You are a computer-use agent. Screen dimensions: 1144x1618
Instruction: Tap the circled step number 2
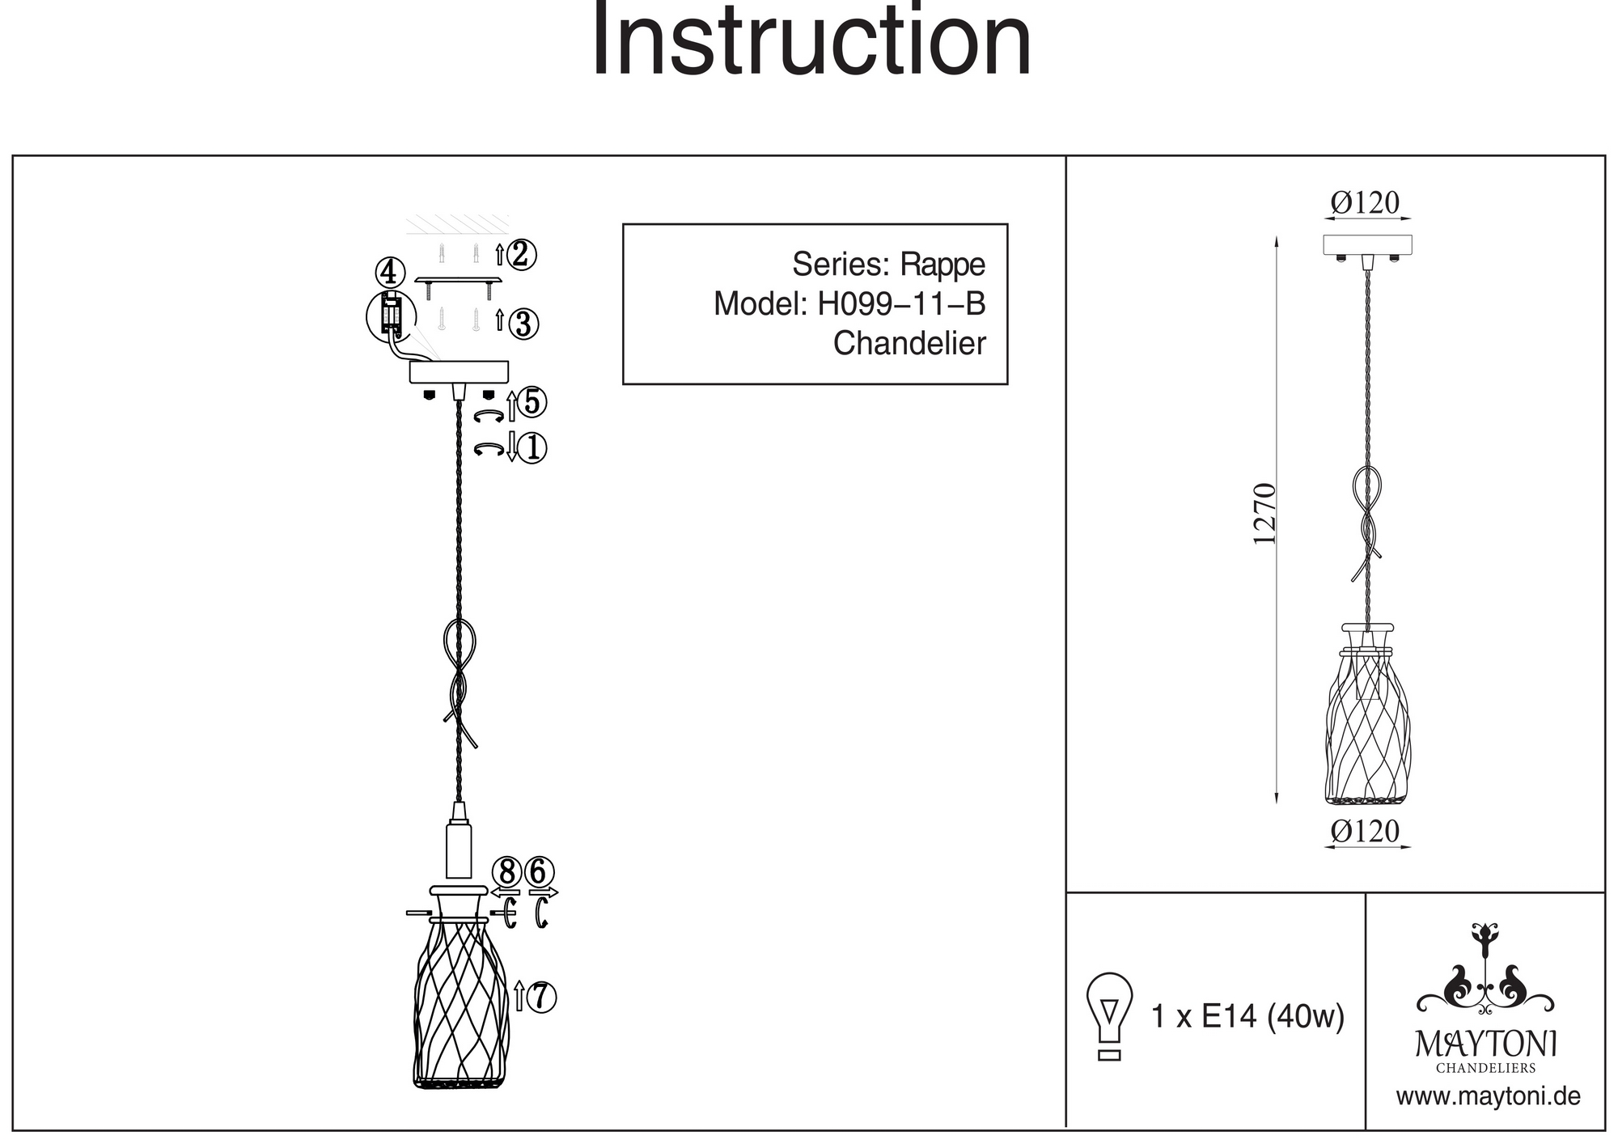[521, 254]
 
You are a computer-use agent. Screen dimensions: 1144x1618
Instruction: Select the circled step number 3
[523, 324]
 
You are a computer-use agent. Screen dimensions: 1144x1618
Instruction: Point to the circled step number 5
[532, 402]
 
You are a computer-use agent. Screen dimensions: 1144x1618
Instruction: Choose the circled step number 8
[507, 873]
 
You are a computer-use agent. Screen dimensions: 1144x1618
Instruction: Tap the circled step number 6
[540, 873]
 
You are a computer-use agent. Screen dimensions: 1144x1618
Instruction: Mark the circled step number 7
[541, 997]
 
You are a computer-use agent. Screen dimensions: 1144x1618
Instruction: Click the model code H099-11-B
[901, 304]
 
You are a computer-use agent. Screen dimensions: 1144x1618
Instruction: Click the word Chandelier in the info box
[909, 344]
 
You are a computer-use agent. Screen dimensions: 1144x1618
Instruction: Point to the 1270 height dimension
[1264, 514]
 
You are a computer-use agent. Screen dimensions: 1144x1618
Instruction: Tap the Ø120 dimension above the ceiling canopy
[1365, 203]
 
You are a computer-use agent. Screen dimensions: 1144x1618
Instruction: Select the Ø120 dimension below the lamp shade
[1365, 831]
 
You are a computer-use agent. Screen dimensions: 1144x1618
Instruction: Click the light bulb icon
[1109, 1015]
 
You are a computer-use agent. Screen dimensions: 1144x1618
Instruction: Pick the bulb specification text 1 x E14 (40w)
[1247, 1016]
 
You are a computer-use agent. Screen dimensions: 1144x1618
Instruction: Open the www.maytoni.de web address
[1489, 1097]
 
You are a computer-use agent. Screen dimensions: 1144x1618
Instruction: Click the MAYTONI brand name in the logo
[1486, 1044]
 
